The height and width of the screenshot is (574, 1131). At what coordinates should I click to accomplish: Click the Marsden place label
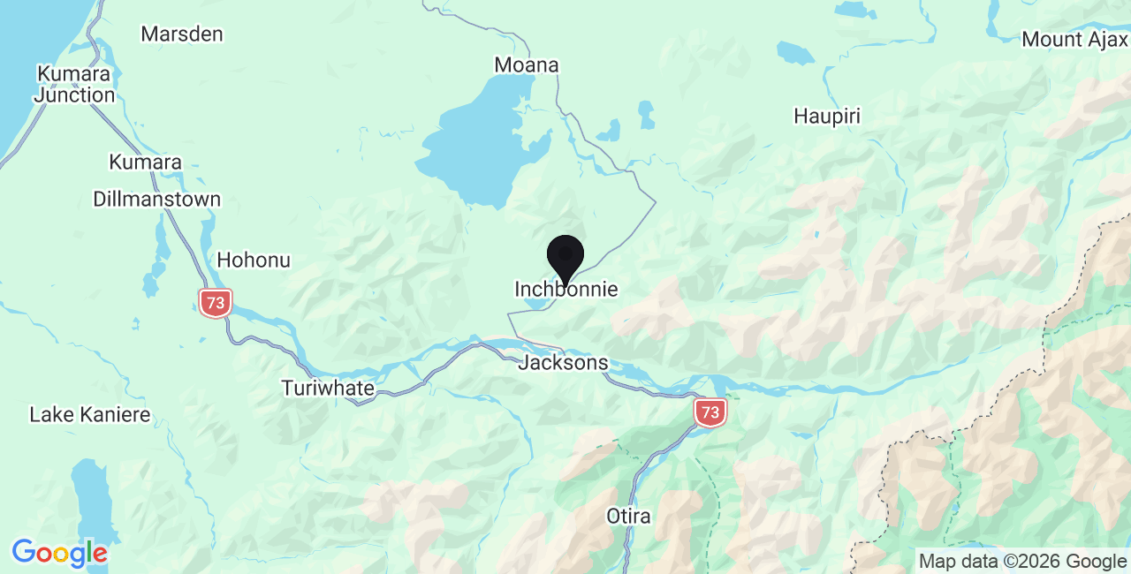click(x=182, y=34)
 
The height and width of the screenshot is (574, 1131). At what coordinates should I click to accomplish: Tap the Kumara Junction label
click(x=75, y=84)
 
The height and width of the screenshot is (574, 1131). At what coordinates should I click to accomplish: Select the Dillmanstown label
click(x=156, y=200)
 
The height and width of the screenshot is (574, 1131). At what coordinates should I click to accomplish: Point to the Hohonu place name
click(x=254, y=261)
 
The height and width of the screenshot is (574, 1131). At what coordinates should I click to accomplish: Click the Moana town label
click(x=527, y=65)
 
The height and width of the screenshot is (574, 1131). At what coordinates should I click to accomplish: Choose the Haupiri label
click(x=827, y=117)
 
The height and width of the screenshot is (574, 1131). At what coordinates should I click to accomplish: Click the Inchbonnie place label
click(x=565, y=290)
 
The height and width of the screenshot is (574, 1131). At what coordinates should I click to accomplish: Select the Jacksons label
click(x=564, y=363)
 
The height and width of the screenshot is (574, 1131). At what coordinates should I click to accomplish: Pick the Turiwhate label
click(x=328, y=389)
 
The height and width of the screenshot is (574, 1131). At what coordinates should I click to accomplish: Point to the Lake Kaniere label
click(x=90, y=415)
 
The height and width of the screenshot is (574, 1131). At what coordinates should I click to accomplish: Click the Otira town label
click(x=628, y=517)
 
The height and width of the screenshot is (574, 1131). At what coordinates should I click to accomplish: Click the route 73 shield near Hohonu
click(x=215, y=303)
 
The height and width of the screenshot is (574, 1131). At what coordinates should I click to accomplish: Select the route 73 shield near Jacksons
click(x=710, y=412)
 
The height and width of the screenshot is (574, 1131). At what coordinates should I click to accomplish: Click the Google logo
click(x=59, y=553)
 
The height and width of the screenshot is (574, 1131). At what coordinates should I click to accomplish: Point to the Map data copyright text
click(x=1022, y=561)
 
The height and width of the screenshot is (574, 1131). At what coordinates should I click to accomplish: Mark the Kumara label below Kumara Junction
click(x=145, y=162)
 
